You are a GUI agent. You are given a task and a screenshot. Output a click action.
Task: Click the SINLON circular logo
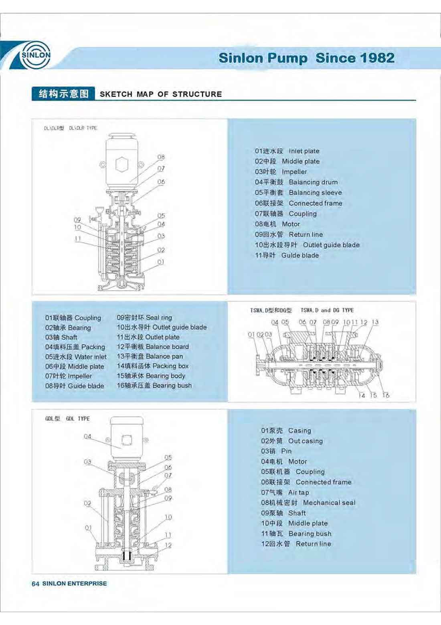[x=36, y=55]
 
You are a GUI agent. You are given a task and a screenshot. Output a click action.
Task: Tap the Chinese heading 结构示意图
[x=63, y=94]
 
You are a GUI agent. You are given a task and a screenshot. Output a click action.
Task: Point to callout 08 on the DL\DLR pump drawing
[x=161, y=157]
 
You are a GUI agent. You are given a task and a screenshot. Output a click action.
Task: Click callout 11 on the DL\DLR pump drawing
[x=78, y=238]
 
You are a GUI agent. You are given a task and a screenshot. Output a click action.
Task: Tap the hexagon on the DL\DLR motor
[x=121, y=164]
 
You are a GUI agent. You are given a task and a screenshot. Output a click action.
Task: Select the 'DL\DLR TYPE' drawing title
[x=83, y=128]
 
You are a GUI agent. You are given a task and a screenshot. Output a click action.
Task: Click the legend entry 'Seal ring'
[x=144, y=318]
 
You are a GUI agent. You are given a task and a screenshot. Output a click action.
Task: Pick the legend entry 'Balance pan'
[x=150, y=356]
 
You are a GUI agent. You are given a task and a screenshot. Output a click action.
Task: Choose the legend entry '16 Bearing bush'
[x=154, y=386]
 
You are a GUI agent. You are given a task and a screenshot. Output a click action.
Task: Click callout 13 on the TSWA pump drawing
[x=375, y=322]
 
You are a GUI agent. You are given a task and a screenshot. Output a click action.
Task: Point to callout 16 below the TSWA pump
[x=386, y=395]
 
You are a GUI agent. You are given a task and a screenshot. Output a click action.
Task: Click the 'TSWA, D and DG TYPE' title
[x=327, y=310]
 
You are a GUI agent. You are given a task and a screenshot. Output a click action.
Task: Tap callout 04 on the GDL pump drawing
[x=87, y=436]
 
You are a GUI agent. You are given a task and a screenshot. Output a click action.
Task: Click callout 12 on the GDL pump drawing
[x=168, y=545]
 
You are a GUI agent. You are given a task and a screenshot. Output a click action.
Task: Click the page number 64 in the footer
[x=35, y=584]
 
